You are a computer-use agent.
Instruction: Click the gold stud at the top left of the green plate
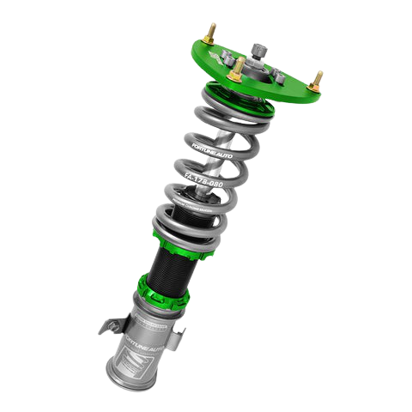pyautogui.click(x=210, y=33)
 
